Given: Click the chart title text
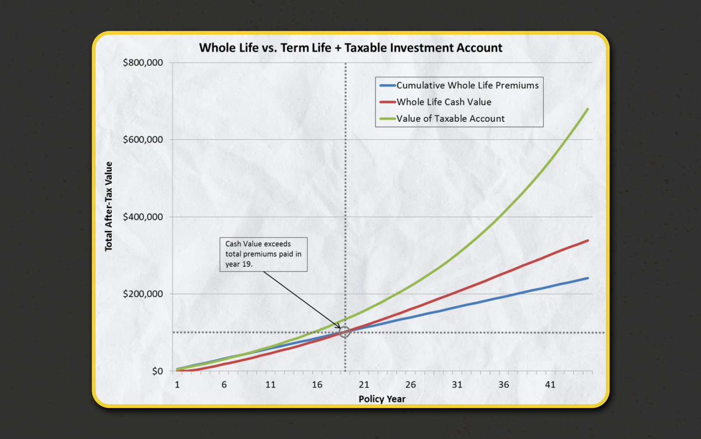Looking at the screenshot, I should coord(350,48).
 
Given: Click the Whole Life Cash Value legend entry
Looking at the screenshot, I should coord(443,102).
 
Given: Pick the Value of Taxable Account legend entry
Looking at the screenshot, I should coord(450,119).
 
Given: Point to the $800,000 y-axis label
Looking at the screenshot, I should coord(143,63).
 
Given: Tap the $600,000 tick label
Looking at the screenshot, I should coord(143,140).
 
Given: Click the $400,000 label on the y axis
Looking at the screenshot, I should coord(143,217).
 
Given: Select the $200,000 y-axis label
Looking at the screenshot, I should coord(143,294).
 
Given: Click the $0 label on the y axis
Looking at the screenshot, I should coord(157,371).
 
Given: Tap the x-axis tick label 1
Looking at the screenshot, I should coord(177,385).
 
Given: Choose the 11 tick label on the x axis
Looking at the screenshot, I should coord(270,385).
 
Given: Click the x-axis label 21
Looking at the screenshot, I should coord(364,385).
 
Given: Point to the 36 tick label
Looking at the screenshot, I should coord(503,385).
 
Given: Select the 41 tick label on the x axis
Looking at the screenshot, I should coord(550,385).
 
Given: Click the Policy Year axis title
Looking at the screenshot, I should coord(382,399).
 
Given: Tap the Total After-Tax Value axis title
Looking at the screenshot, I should coord(109,206).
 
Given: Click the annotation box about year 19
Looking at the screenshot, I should coord(263,254).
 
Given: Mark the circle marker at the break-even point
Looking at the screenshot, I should coord(345,332).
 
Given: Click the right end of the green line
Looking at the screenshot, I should coord(588,109).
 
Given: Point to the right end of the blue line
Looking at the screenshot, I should coord(588,278).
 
